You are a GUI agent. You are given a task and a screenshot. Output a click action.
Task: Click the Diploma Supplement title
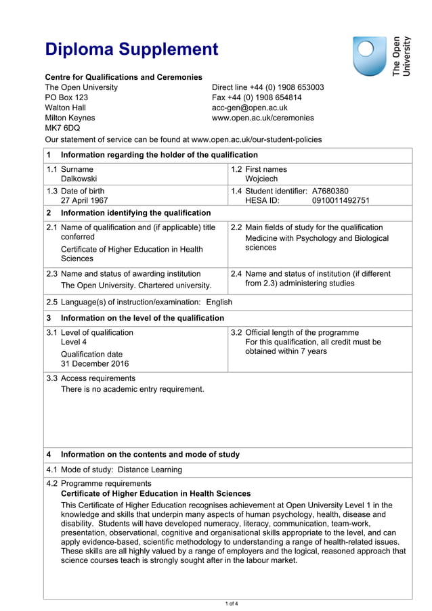tap(131, 49)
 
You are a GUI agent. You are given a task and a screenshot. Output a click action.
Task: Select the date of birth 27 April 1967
tap(84, 200)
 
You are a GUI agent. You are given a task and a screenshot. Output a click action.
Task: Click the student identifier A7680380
tap(330, 191)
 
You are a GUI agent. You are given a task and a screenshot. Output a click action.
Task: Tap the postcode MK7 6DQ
tap(62, 127)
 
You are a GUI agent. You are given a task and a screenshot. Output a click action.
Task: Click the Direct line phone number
tap(267, 87)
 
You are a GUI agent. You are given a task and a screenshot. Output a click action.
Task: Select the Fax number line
tap(257, 97)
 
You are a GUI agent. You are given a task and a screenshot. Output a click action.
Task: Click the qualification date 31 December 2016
tap(94, 363)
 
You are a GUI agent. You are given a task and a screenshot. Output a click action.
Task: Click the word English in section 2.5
tap(219, 302)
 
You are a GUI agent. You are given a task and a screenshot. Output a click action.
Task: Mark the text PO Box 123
tap(66, 97)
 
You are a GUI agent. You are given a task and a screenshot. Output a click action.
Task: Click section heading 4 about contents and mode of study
tap(150, 455)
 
